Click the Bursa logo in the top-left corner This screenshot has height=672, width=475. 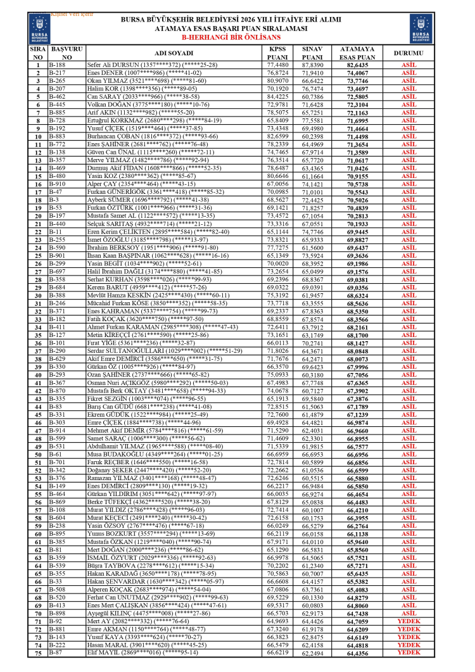coord(38,27)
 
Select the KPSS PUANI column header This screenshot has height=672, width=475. coord(277,53)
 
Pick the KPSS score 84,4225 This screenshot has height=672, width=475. coord(277,97)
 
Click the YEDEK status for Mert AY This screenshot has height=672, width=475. coord(408,621)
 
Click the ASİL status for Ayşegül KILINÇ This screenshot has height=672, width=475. coord(408,613)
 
